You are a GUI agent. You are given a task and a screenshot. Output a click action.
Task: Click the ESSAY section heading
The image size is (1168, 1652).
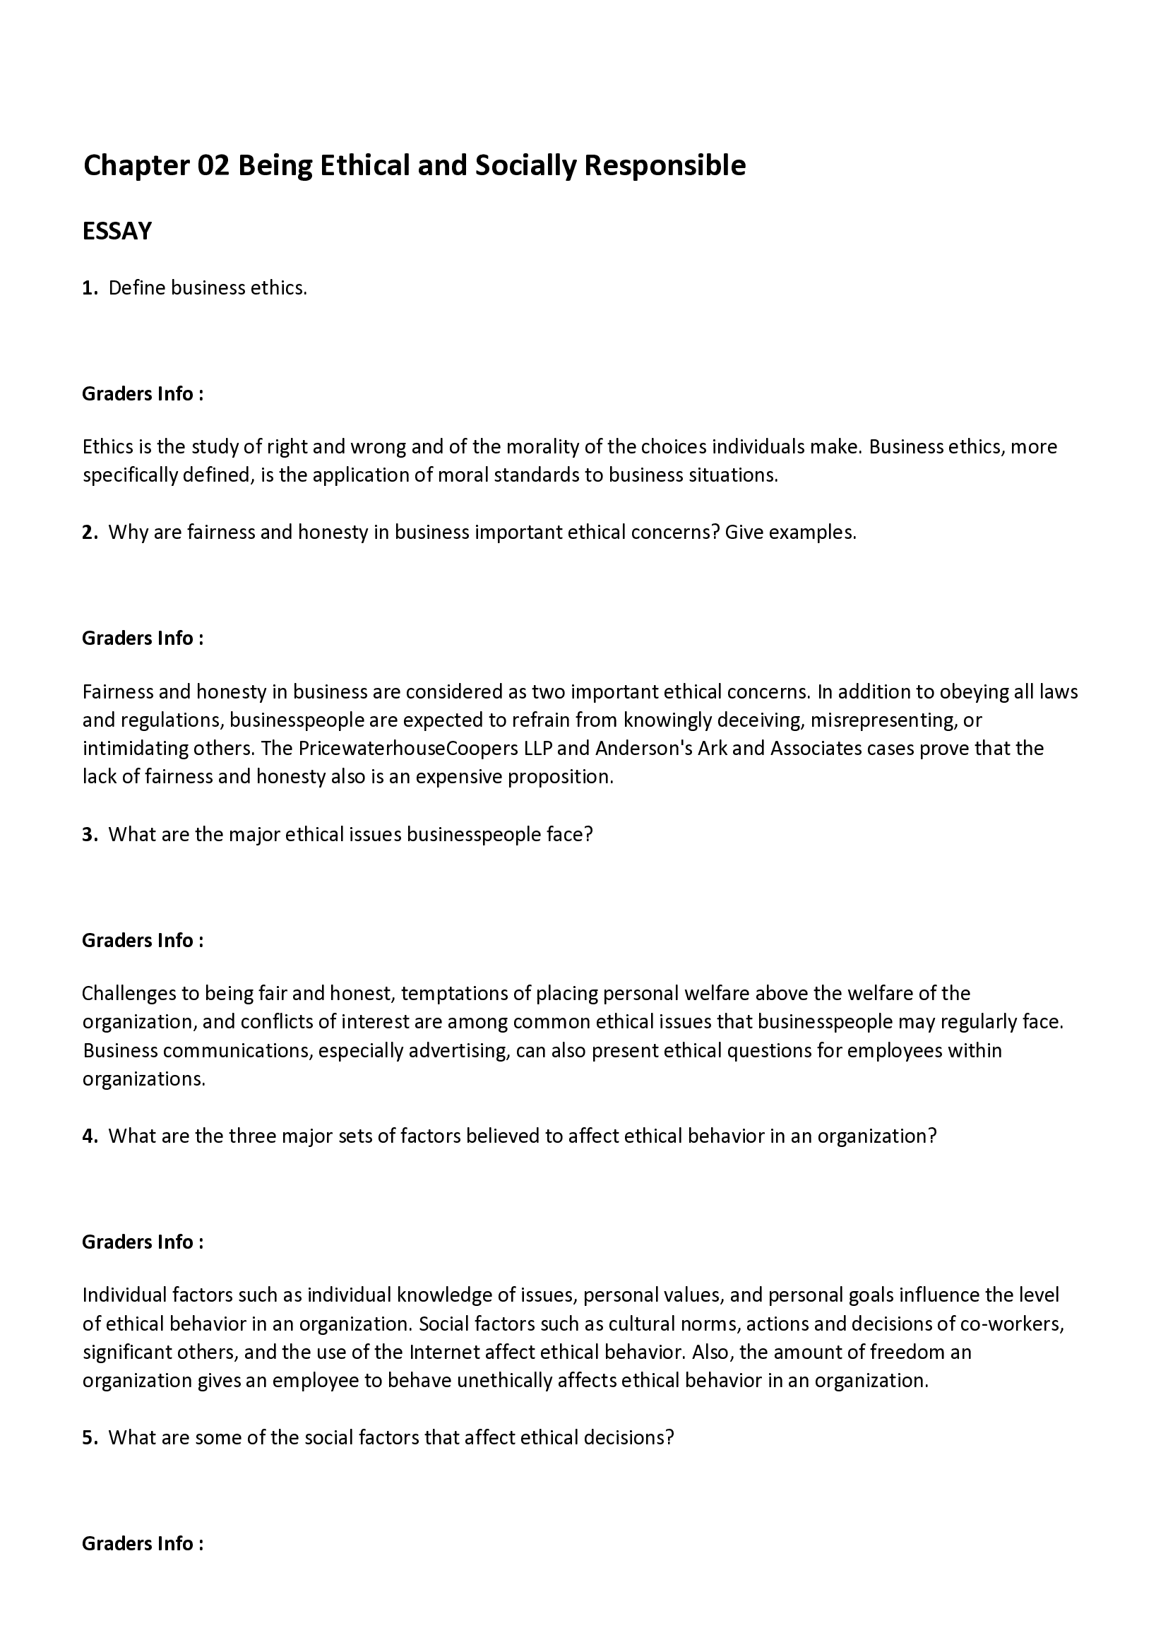117,231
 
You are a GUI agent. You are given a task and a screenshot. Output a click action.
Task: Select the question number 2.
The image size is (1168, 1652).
89,533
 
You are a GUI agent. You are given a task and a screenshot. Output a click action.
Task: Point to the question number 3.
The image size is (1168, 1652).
89,835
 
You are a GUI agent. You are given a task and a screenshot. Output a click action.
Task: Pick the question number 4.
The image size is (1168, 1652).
89,1136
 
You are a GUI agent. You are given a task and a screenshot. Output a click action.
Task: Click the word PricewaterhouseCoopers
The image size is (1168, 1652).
407,748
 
